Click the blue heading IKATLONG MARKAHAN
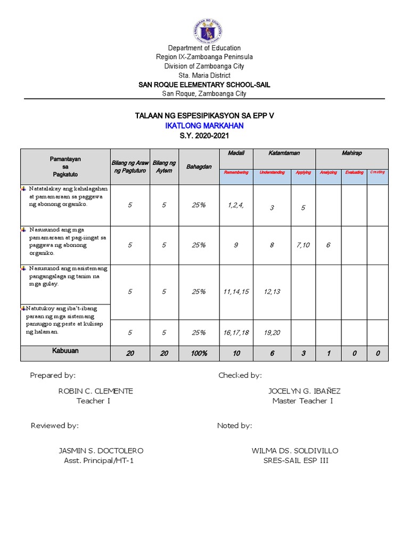[204, 126]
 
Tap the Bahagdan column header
[199, 167]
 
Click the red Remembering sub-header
[236, 172]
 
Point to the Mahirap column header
[351, 153]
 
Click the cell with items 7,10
[303, 245]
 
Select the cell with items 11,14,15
[236, 292]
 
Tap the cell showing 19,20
[272, 333]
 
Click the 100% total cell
[199, 353]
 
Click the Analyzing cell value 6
[328, 245]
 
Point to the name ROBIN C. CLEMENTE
[95, 391]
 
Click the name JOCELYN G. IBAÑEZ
[302, 391]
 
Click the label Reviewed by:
[55, 426]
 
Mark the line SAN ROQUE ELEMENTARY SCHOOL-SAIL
[204, 85]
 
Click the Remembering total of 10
[236, 353]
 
